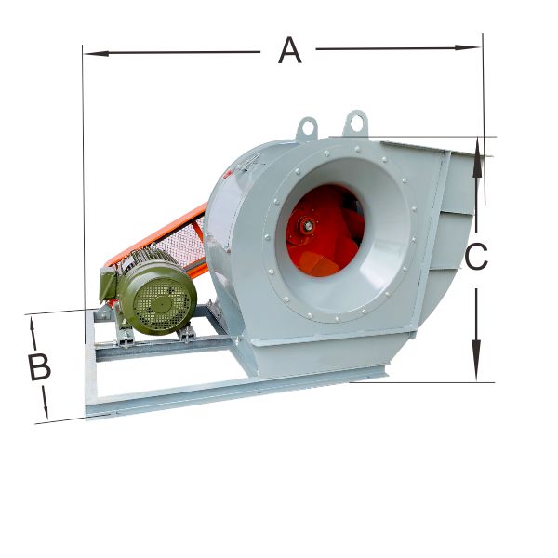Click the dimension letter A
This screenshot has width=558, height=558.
(x=289, y=50)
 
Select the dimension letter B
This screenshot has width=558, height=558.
(x=39, y=367)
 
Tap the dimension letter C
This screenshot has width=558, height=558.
(x=476, y=257)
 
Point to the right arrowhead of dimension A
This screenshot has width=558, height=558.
(x=467, y=47)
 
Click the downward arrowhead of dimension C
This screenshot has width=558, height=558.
(x=476, y=360)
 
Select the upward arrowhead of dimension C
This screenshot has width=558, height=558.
(x=478, y=158)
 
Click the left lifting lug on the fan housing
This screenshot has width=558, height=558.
(x=307, y=129)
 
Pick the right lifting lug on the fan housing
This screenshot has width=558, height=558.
(x=356, y=123)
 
